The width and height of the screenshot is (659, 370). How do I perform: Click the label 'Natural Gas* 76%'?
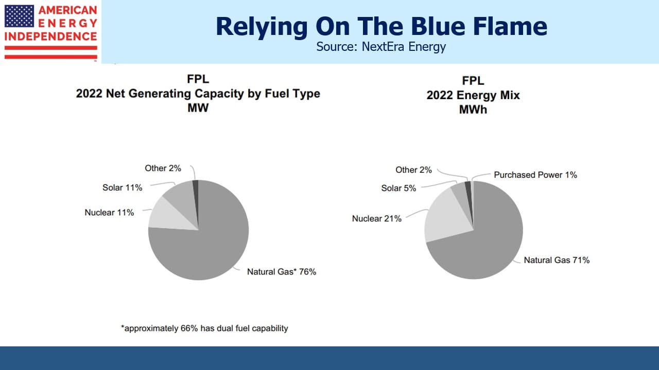[282, 272]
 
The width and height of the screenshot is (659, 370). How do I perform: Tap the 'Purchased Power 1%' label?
[535, 175]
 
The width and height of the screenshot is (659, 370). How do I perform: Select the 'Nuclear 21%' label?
[376, 219]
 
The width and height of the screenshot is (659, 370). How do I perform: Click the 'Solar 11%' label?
[122, 188]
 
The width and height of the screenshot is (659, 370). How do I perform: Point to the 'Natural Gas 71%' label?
[557, 260]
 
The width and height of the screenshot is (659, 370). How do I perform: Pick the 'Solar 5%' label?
[398, 188]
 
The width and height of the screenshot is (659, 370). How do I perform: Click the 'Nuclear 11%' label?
[109, 213]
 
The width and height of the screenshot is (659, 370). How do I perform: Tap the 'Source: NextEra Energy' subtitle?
[381, 47]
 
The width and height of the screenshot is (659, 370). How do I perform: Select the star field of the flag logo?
[19, 16]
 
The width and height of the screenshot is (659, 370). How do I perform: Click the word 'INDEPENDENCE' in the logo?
[50, 36]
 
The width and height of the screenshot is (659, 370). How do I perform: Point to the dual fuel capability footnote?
[204, 328]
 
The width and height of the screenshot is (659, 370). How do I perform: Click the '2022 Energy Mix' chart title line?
[473, 96]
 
